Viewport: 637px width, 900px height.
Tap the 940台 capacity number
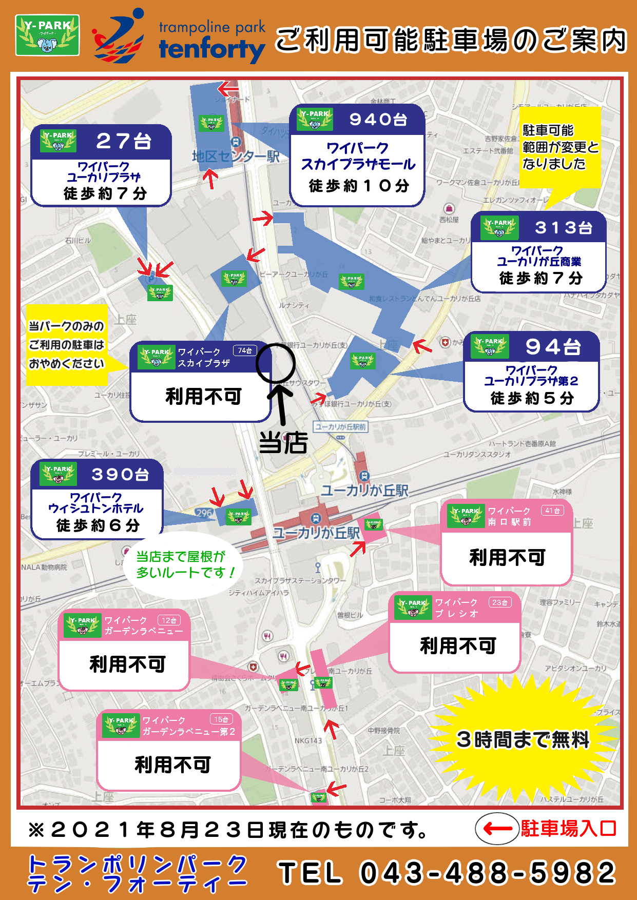(378, 120)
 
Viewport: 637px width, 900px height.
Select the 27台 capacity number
(124, 141)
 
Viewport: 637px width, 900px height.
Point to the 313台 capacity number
(563, 227)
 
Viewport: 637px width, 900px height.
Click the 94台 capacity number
(553, 347)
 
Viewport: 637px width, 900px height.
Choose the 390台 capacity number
(120, 474)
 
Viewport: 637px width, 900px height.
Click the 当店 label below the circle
(283, 442)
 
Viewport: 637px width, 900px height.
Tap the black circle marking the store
(276, 363)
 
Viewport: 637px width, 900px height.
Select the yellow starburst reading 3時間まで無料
(523, 739)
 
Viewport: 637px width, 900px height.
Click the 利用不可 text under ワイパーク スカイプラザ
(203, 396)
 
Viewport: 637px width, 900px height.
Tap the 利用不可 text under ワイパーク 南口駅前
(507, 557)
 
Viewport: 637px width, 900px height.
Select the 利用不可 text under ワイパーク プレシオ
(458, 645)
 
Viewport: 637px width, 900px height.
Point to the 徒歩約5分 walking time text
(532, 398)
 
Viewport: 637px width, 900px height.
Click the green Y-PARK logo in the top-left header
(47, 35)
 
